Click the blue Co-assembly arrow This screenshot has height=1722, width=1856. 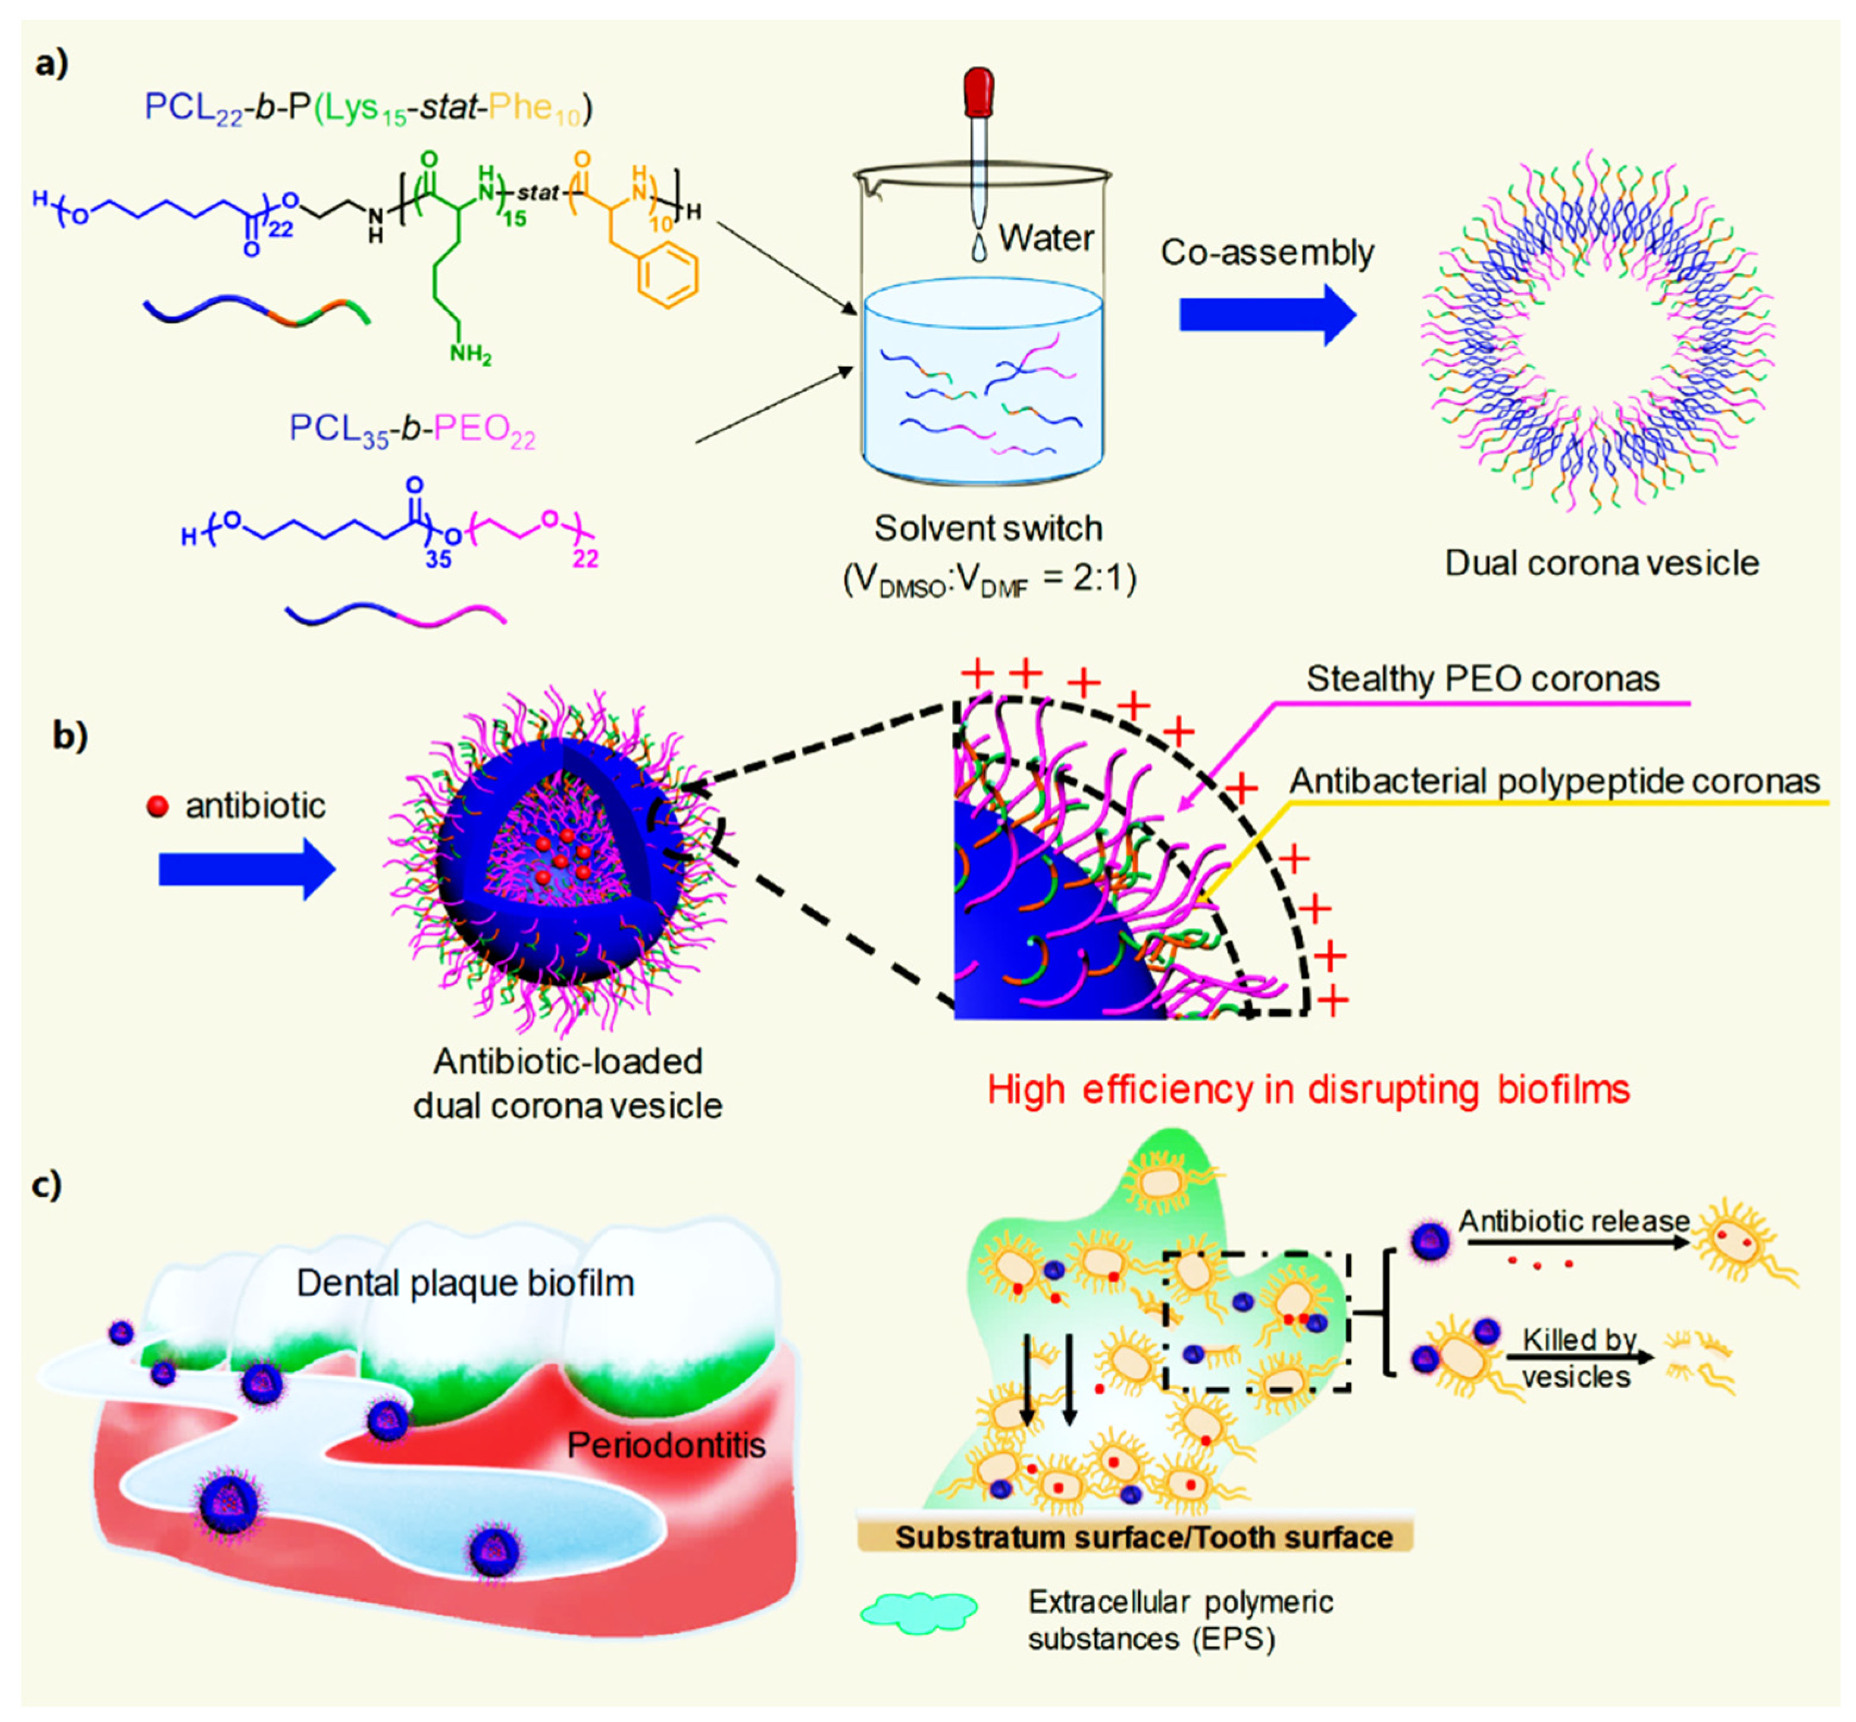pyautogui.click(x=1266, y=315)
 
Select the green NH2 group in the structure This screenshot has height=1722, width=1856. pyautogui.click(x=470, y=354)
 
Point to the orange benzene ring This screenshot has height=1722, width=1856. pyautogui.click(x=668, y=278)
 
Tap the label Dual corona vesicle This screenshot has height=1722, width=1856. pyautogui.click(x=1601, y=563)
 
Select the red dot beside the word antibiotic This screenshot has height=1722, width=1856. pyautogui.click(x=158, y=806)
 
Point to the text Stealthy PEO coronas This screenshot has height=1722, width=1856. pyautogui.click(x=1482, y=678)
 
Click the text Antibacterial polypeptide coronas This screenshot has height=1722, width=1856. pyautogui.click(x=1554, y=781)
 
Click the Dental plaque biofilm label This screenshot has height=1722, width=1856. pyautogui.click(x=465, y=1283)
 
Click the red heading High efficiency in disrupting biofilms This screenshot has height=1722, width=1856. pyautogui.click(x=1308, y=1089)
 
